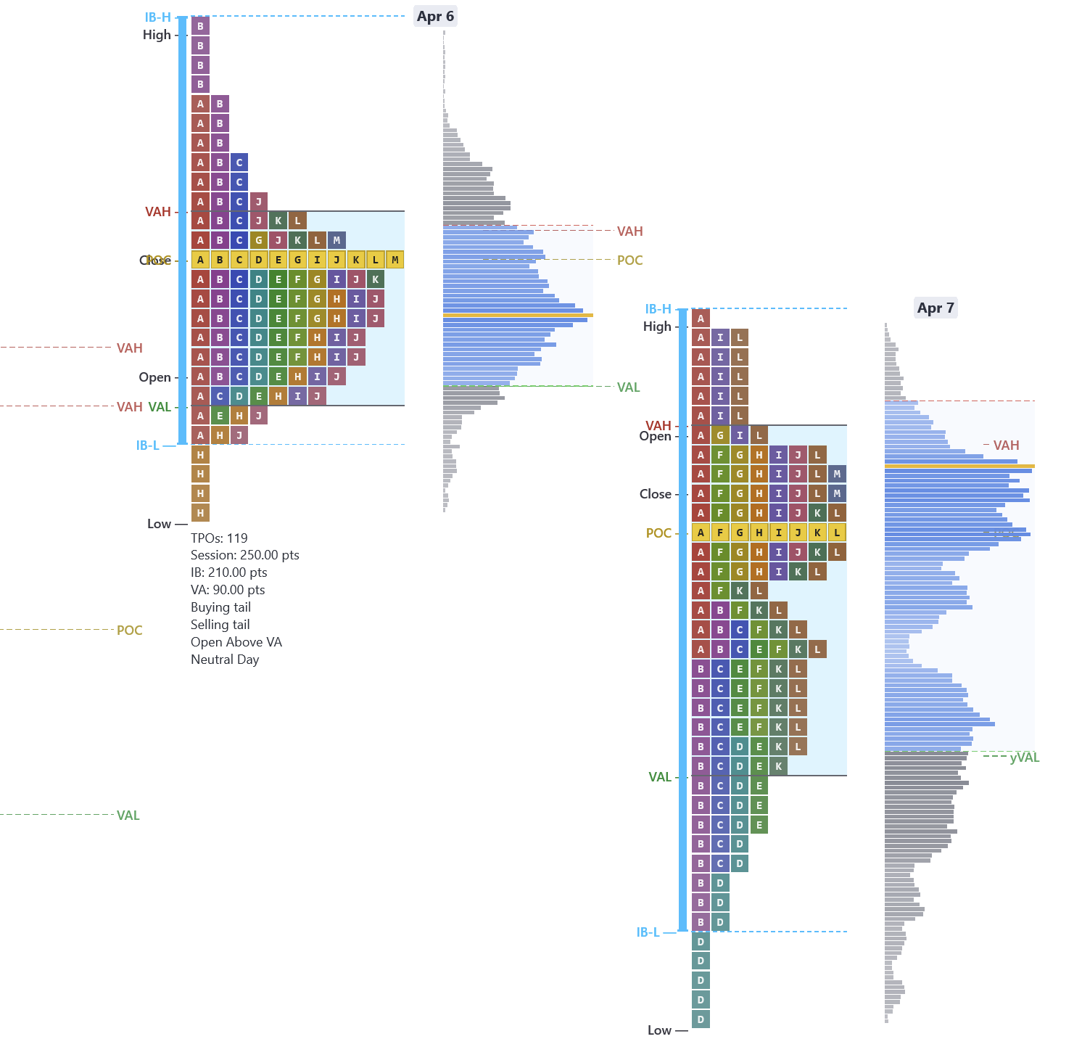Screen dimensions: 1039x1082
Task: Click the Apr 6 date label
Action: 435,17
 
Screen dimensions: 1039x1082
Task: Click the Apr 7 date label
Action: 936,308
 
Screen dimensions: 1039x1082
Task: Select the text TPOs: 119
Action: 219,538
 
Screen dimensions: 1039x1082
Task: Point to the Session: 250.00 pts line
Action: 244,555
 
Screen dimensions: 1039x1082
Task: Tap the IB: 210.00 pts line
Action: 228,572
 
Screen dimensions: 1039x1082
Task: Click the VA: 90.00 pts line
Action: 228,590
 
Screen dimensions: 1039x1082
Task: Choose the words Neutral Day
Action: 225,660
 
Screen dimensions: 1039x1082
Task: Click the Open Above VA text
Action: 236,642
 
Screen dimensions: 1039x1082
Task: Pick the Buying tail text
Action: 220,607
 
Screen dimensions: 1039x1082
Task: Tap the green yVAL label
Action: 1024,757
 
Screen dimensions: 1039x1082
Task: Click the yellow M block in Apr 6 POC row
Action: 395,260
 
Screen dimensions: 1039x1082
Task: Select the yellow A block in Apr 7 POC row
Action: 701,533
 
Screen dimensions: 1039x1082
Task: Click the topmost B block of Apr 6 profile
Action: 201,26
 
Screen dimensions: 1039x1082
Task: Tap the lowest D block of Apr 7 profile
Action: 701,1019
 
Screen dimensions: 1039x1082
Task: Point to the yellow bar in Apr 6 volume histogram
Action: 518,315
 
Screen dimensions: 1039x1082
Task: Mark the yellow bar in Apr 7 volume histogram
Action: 959,466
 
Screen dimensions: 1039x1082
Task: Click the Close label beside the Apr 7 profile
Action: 655,494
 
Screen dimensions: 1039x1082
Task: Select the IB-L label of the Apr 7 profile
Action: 648,932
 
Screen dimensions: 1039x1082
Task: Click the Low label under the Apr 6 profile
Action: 159,524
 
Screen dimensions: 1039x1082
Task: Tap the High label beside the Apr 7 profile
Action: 657,327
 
